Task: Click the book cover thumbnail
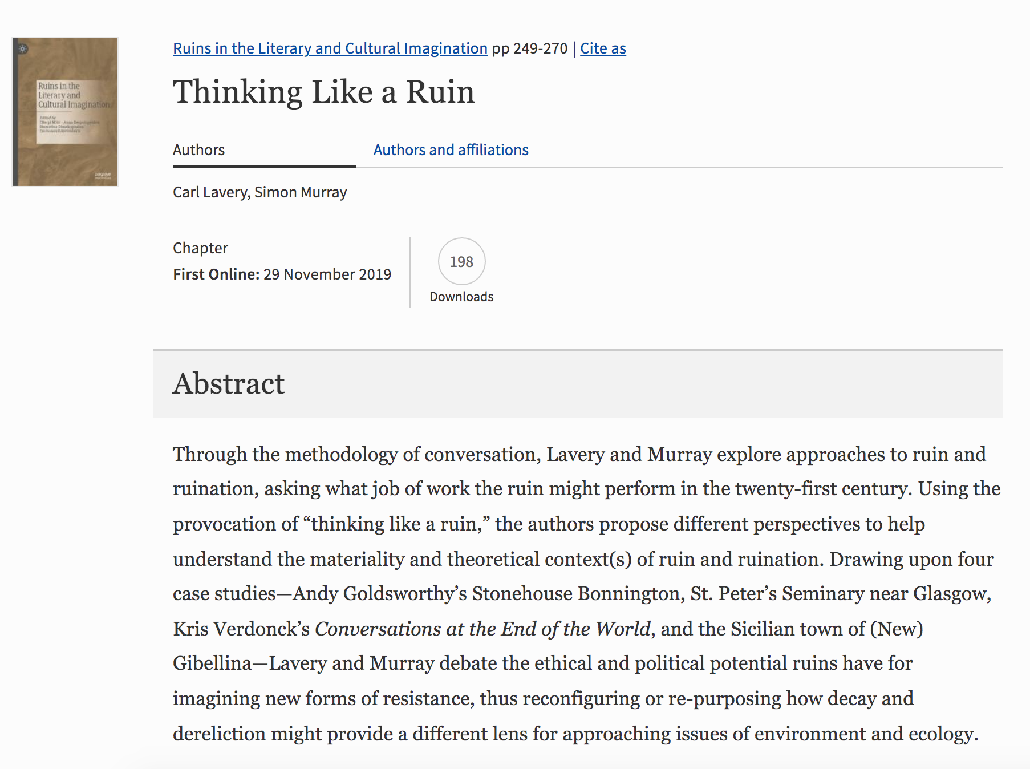pos(65,112)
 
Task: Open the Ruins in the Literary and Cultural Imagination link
pos(330,48)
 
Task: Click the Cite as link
pos(603,48)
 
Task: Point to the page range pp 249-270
pos(530,48)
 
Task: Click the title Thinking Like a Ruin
pos(323,92)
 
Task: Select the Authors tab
pos(199,150)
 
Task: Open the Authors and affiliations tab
pos(451,150)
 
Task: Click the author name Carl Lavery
pos(210,192)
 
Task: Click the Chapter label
pos(200,248)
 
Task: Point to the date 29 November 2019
pos(327,274)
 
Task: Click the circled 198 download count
pos(461,262)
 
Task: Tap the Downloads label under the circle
pos(461,297)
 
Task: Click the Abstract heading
pos(229,383)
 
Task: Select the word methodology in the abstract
pos(341,455)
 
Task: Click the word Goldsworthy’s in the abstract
pos(404,594)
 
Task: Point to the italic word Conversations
pos(378,629)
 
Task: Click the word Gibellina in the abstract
pos(212,663)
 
